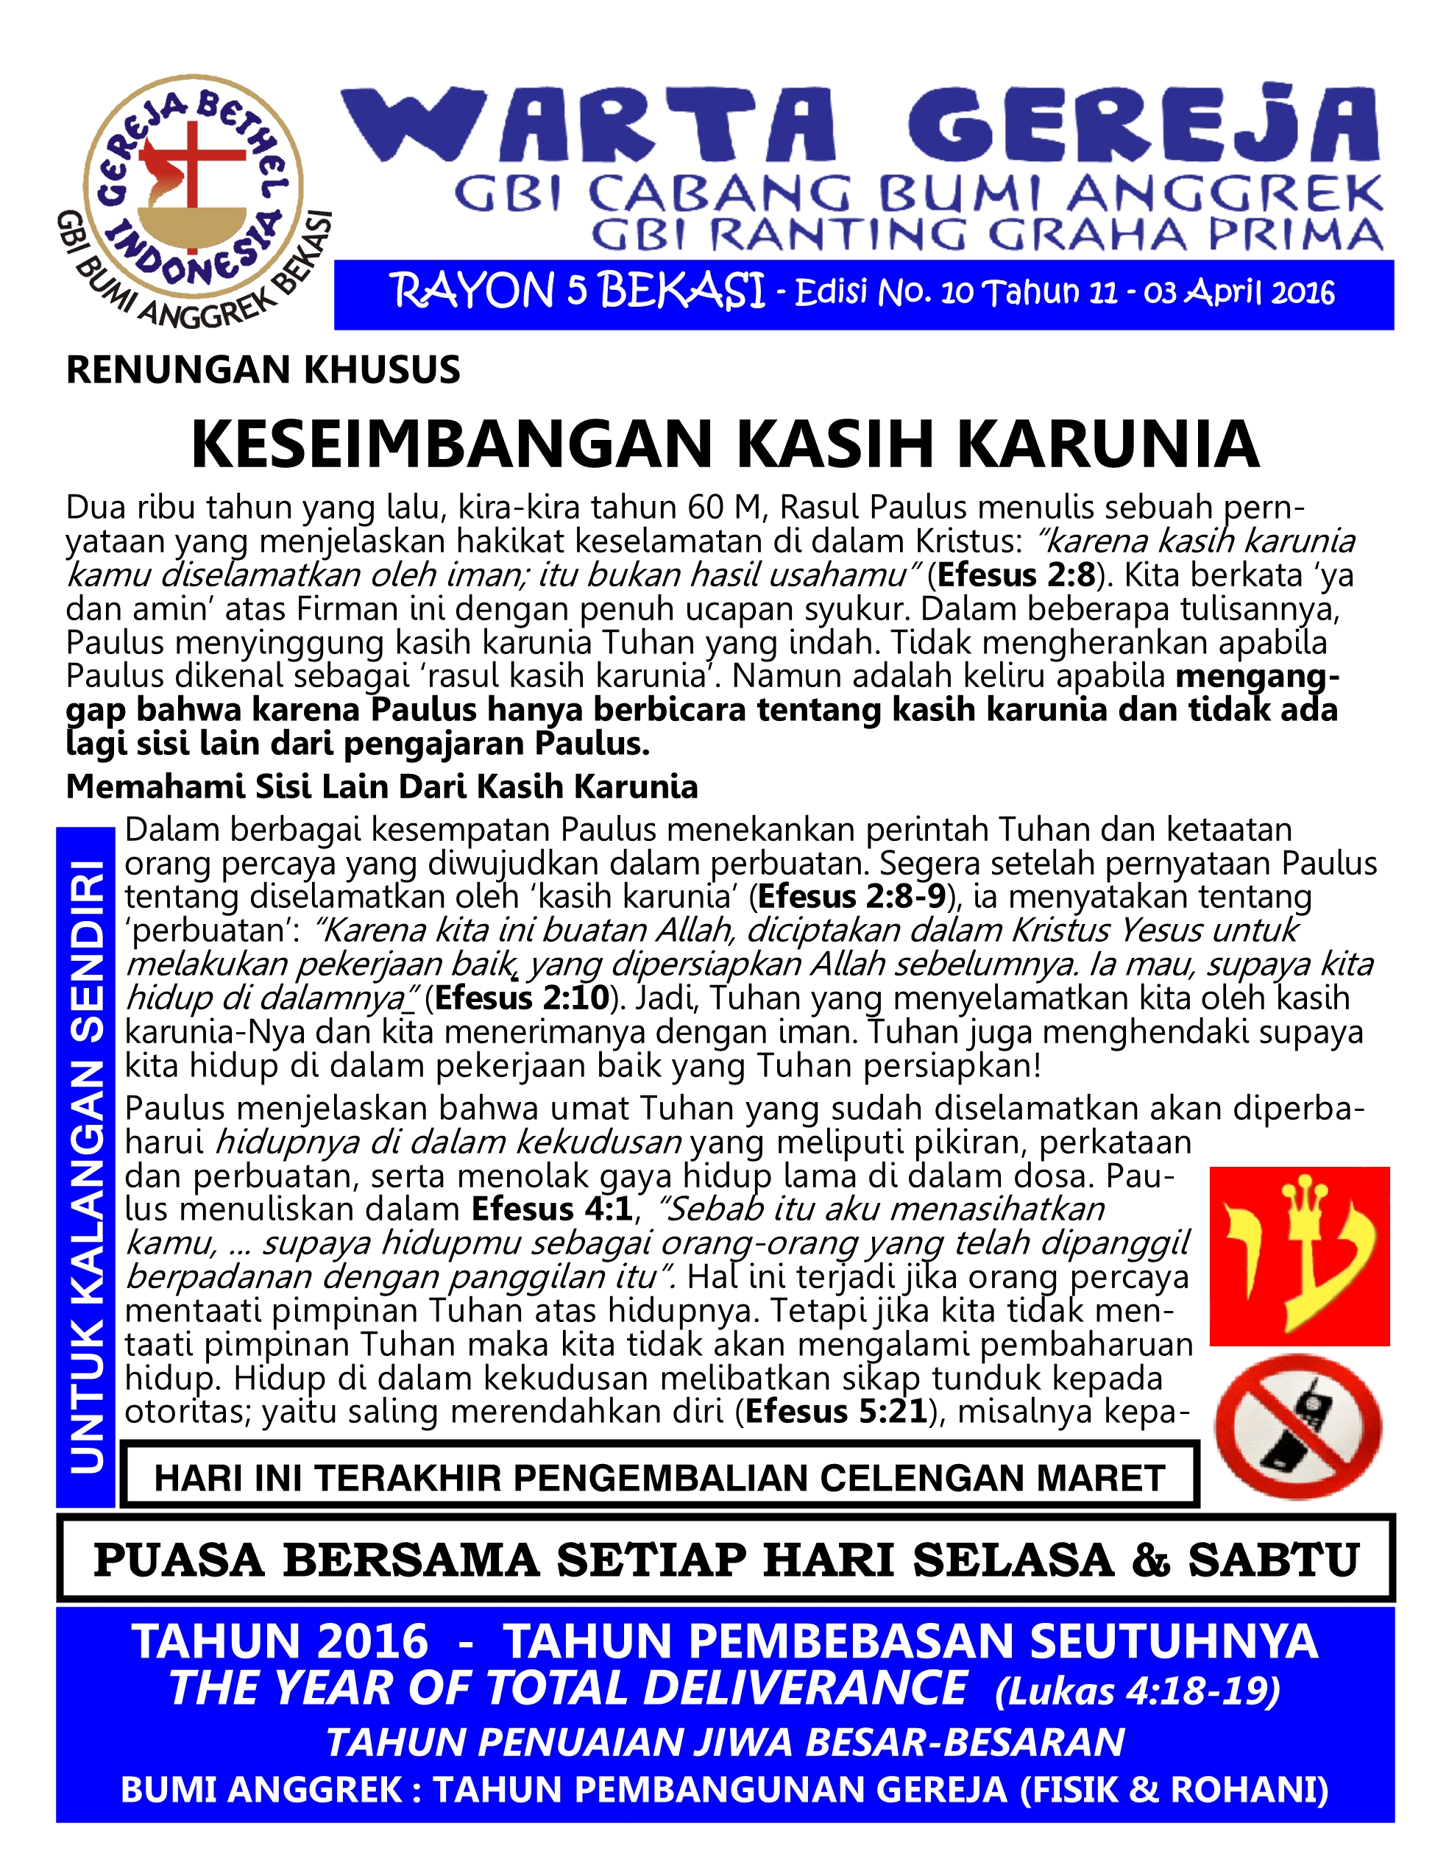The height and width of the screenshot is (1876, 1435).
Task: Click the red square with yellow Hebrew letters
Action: tap(1299, 1255)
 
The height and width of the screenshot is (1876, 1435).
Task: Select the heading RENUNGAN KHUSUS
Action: tap(263, 370)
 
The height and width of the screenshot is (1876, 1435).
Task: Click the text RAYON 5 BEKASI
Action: tap(578, 291)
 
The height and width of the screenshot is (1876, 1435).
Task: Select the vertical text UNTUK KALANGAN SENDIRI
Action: tap(86, 1166)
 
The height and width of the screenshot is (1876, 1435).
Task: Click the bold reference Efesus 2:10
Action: tap(522, 998)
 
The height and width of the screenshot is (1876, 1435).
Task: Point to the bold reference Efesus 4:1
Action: tap(552, 1209)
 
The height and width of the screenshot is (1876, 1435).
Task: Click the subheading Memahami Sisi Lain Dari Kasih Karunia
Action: tap(382, 786)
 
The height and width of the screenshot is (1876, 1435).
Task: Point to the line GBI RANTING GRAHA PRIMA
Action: tap(987, 235)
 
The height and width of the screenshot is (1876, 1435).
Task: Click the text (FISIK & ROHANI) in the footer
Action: tap(1174, 1789)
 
